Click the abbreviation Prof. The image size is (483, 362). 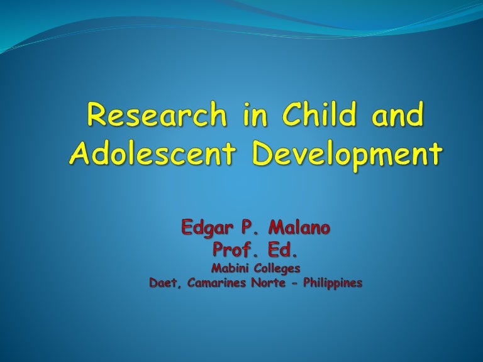click(x=233, y=251)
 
